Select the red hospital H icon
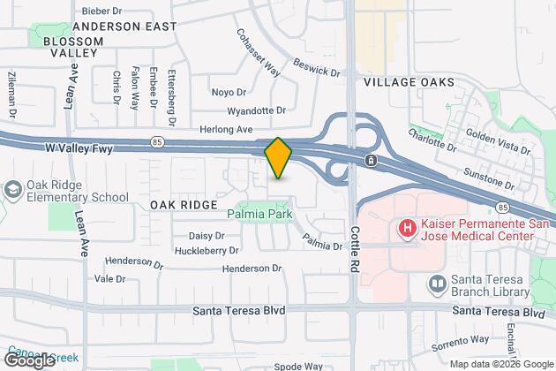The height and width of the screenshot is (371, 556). point(408,229)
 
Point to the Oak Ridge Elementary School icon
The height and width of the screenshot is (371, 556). point(13,190)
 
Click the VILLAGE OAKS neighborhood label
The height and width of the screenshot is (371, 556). point(409,82)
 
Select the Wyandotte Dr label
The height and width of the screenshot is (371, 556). point(257,110)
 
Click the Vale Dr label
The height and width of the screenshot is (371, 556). point(109,278)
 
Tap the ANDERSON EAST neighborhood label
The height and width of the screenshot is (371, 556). point(125,27)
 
